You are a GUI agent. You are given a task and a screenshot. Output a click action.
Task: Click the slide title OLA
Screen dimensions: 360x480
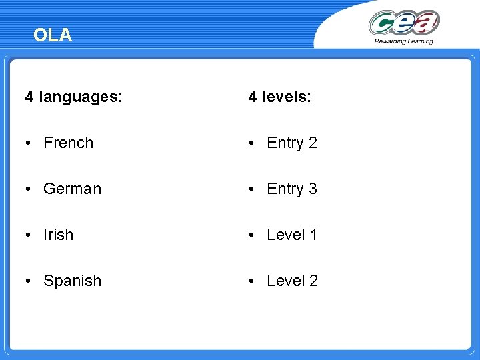(52, 35)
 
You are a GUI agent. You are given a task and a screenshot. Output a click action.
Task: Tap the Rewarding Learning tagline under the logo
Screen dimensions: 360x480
(404, 41)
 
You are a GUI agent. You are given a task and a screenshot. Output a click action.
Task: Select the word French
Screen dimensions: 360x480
(69, 143)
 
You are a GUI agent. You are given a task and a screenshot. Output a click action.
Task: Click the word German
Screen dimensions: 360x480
(73, 189)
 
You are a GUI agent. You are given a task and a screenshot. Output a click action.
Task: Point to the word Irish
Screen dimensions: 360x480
(59, 235)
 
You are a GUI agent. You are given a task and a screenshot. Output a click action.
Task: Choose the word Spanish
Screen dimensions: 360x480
(73, 281)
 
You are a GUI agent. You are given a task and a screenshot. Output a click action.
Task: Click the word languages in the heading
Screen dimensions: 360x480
(81, 97)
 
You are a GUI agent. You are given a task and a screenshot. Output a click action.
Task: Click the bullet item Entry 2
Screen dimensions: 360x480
(292, 143)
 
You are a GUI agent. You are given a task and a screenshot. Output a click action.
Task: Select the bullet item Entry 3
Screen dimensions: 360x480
(292, 189)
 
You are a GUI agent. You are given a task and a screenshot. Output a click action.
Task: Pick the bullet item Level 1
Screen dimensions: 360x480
(292, 235)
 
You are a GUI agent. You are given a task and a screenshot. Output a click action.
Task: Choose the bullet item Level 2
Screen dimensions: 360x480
(292, 281)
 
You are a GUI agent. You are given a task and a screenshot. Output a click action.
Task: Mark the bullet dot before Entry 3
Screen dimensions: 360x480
(252, 189)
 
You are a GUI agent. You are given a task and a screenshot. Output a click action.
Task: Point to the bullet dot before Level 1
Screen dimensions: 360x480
(252, 235)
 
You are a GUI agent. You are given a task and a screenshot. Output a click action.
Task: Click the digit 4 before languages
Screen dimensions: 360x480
(29, 97)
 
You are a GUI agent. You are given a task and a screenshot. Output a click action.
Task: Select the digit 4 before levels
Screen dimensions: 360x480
(253, 97)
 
